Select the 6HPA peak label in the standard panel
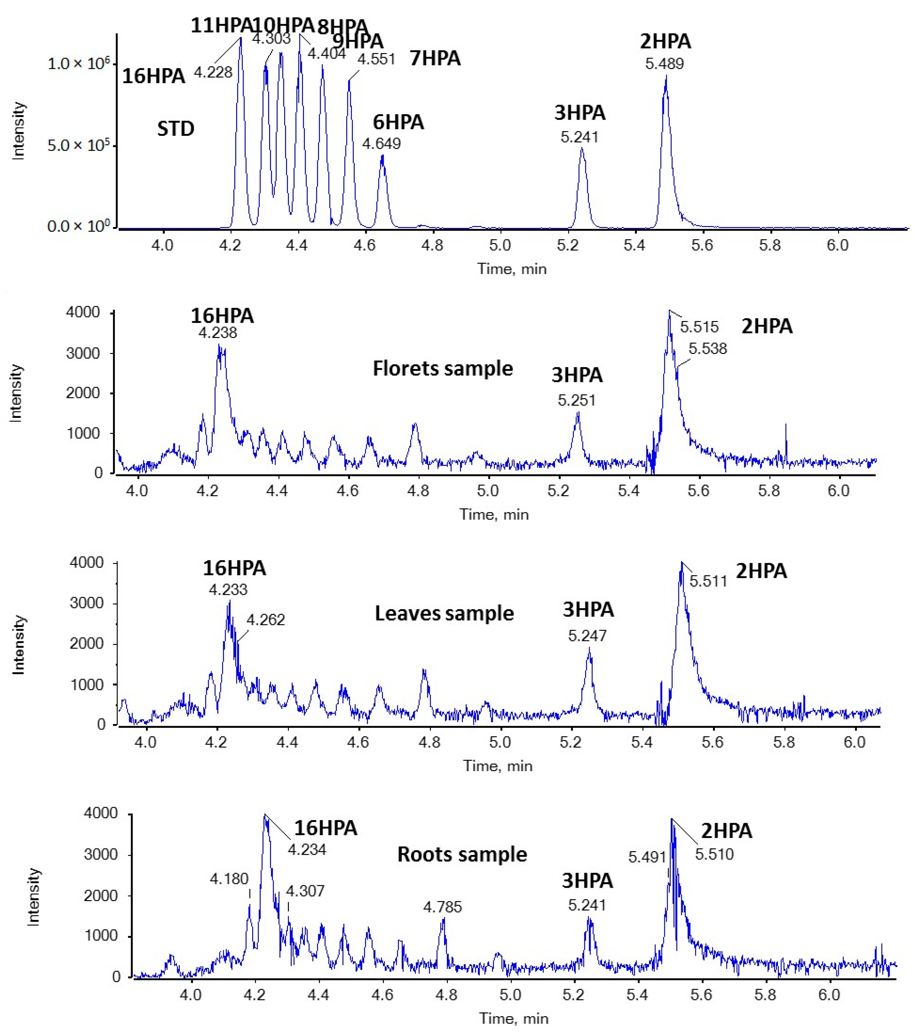[x=398, y=122]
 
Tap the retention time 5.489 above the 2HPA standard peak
[x=665, y=64]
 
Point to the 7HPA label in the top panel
[x=435, y=58]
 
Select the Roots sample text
[x=462, y=854]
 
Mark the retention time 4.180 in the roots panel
[x=229, y=879]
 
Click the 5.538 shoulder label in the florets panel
[x=708, y=348]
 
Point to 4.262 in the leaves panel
[x=265, y=620]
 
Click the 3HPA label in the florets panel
[x=577, y=375]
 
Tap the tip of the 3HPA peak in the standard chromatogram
[x=582, y=148]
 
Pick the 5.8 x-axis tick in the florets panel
[x=769, y=491]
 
